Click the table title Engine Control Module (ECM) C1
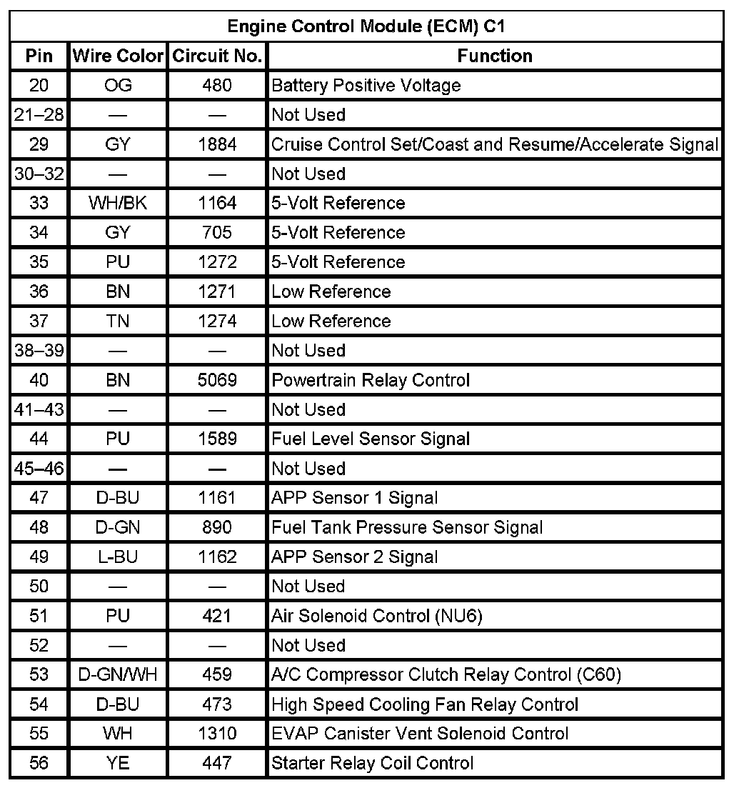pos(367,27)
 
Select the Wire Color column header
pos(118,56)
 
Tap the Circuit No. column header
pos(217,56)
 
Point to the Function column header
pos(495,56)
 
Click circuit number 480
pos(217,86)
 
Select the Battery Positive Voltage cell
pos(366,86)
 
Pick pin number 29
pos(39,144)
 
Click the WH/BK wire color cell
pos(118,204)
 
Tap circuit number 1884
pos(217,144)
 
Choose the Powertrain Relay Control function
pos(371,380)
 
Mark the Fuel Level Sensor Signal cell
pos(371,439)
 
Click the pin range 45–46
pos(39,469)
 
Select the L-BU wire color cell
pos(118,557)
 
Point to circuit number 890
pos(217,527)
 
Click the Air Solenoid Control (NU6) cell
pos(377,616)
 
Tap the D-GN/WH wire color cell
pos(118,674)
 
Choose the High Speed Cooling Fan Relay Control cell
pos(425,704)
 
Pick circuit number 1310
pos(217,734)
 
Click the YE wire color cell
pos(118,763)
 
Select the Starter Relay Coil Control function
pos(372,763)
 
